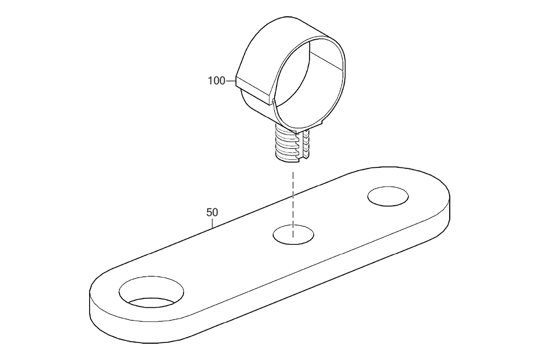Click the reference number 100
click(216, 81)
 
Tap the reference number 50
click(212, 212)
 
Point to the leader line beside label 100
click(230, 81)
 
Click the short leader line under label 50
click(212, 223)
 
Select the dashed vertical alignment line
click(293, 204)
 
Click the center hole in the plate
click(293, 234)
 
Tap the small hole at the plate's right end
click(388, 196)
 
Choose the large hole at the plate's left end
click(151, 292)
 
